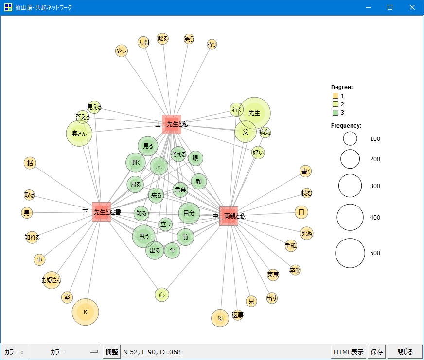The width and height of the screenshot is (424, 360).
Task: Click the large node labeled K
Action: [x=86, y=312]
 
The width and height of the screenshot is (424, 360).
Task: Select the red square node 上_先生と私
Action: [x=172, y=124]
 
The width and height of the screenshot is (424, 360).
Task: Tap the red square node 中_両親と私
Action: [x=229, y=216]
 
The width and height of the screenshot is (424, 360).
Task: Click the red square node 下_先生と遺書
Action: [x=102, y=212]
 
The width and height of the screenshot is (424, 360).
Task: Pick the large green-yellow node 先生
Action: [x=254, y=113]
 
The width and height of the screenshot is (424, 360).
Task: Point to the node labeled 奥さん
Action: [x=79, y=133]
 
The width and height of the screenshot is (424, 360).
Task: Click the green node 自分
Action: [x=189, y=213]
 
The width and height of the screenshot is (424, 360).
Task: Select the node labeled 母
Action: [x=220, y=318]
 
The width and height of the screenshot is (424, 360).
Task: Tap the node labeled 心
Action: [x=162, y=294]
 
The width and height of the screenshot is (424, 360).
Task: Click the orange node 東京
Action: [x=273, y=274]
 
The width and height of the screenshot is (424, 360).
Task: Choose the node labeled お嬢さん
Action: [x=52, y=280]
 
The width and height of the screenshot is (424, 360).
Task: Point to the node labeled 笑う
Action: [x=189, y=39]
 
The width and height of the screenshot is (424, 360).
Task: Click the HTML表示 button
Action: [x=348, y=352]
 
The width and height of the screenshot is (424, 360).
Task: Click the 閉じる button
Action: [x=405, y=352]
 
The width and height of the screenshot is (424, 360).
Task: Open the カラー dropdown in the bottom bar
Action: [x=64, y=352]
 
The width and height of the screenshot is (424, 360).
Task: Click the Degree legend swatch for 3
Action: [x=336, y=112]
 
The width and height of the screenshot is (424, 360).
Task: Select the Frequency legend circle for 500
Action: [x=350, y=253]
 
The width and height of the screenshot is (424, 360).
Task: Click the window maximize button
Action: [x=390, y=7]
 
